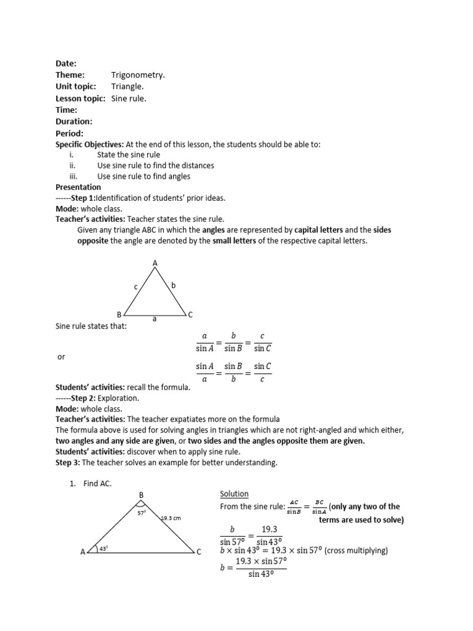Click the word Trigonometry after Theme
click(138, 75)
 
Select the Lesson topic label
click(80, 99)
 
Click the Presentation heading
click(78, 187)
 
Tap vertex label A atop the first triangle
click(155, 264)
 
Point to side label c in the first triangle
click(135, 287)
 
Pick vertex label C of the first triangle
click(190, 314)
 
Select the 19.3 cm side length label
click(171, 518)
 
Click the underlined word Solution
click(234, 494)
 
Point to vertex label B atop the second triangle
click(141, 495)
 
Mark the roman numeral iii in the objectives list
click(73, 176)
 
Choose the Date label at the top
click(66, 63)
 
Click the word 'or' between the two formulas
click(61, 357)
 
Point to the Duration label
click(74, 121)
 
